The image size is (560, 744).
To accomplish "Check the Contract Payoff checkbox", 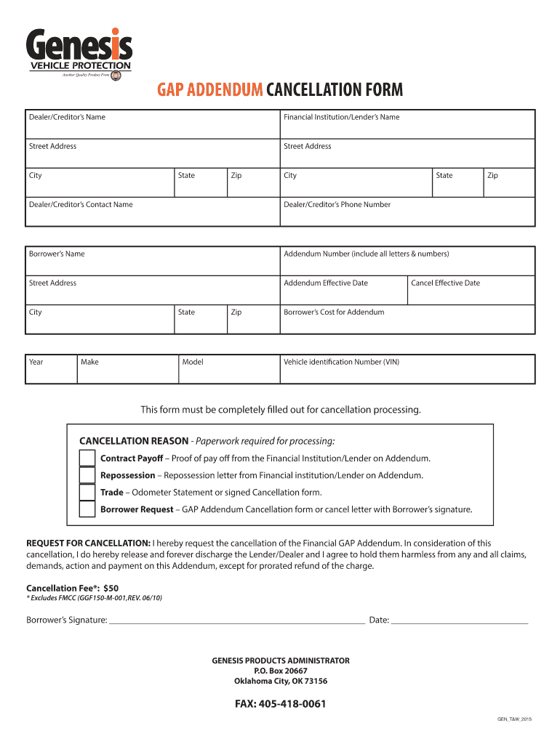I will (x=87, y=458).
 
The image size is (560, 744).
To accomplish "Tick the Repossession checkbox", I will (x=87, y=475).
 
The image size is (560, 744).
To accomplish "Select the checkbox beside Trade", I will (x=87, y=492).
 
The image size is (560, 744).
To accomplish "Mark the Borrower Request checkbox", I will (x=87, y=509).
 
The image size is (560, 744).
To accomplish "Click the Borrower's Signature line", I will (x=236, y=619).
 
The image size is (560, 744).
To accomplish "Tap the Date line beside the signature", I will (x=460, y=619).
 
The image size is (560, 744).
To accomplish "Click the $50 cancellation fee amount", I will (x=111, y=587).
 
